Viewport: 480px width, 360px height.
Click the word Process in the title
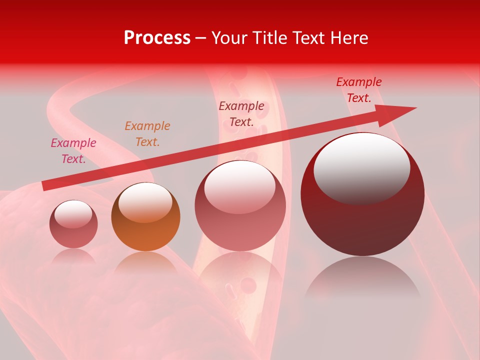tap(157, 38)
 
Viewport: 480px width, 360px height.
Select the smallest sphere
tap(73, 224)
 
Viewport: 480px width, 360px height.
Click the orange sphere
tap(145, 217)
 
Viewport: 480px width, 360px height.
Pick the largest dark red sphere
tap(362, 194)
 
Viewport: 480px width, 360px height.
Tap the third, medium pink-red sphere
tap(240, 205)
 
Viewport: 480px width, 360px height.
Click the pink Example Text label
tap(73, 151)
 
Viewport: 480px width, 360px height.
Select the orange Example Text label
tap(147, 134)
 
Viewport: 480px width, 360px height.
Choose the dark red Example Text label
tap(241, 114)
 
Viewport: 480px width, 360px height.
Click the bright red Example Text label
tap(359, 90)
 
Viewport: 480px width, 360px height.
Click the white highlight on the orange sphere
tap(145, 201)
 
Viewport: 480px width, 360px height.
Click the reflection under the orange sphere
tap(145, 262)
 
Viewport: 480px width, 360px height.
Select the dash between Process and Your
tap(201, 38)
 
